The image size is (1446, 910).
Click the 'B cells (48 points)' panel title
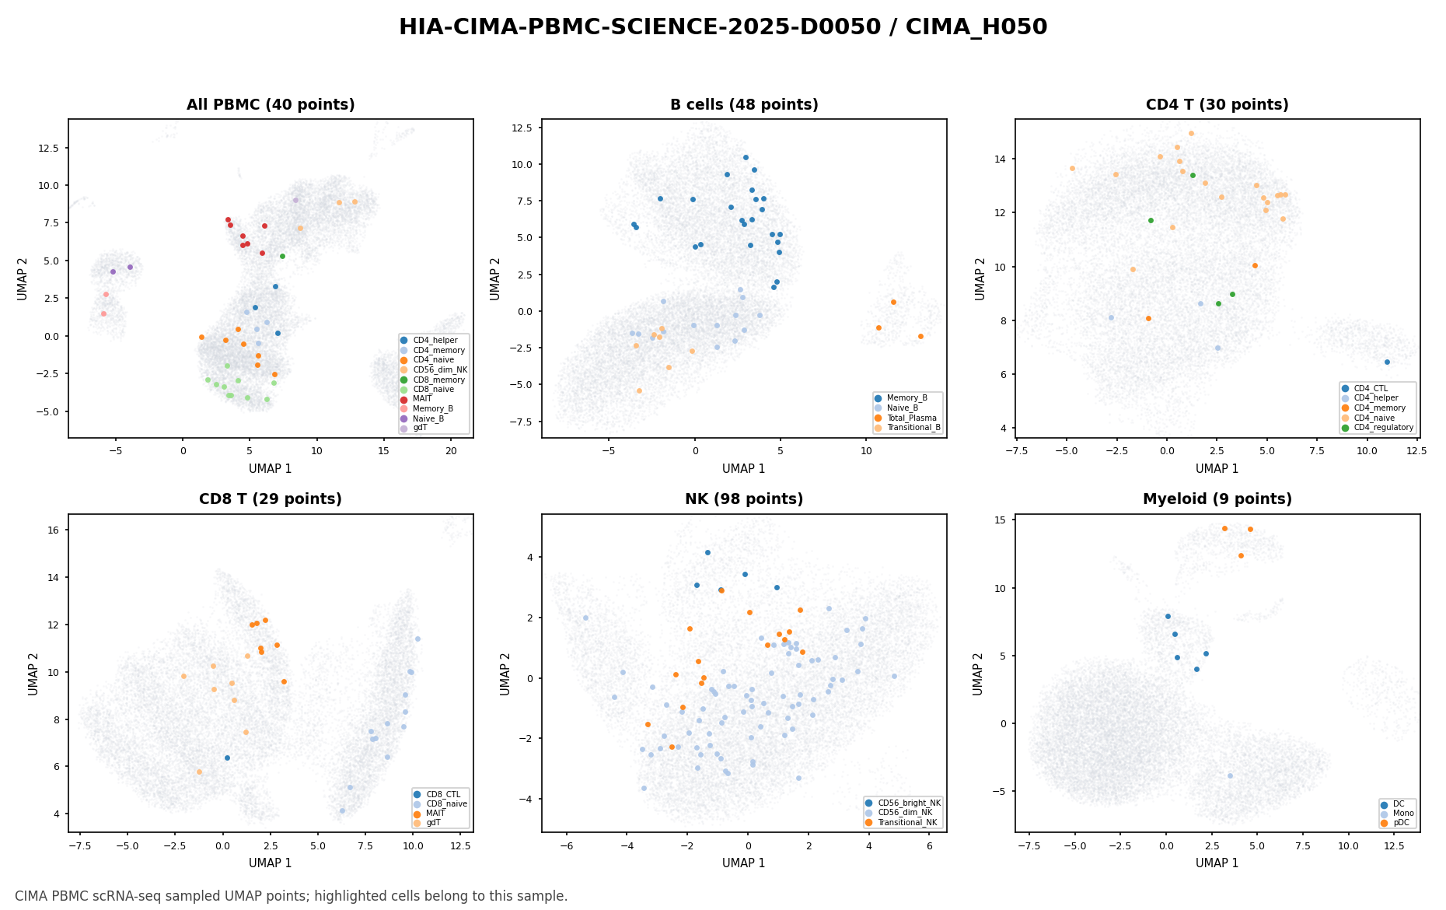[744, 105]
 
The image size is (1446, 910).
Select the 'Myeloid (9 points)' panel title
[1217, 499]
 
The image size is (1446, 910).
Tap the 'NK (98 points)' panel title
[744, 499]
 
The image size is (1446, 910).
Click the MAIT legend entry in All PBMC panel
[422, 399]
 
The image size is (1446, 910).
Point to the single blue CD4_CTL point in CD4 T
[1387, 362]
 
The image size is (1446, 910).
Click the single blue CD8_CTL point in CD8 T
[227, 758]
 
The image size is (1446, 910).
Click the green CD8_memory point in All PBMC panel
[282, 256]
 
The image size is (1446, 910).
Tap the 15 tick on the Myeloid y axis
[1000, 520]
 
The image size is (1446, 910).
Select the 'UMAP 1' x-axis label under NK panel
[744, 863]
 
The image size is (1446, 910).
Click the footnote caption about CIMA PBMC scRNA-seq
[292, 896]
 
